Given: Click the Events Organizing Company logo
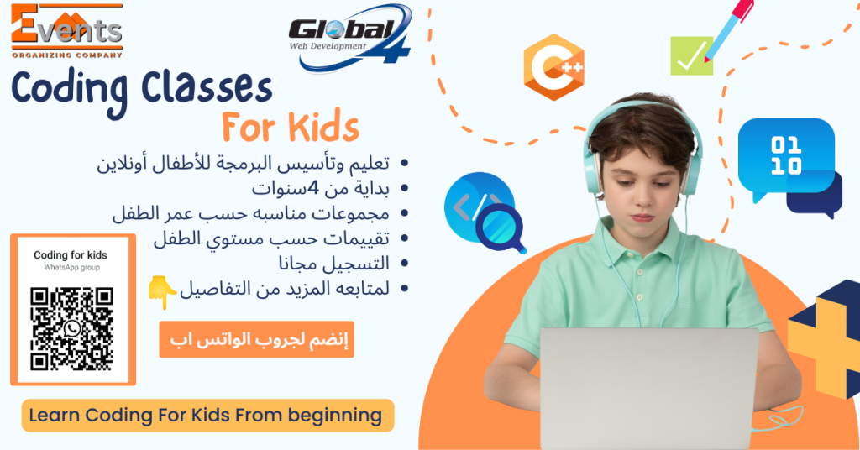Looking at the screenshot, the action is point(67,31).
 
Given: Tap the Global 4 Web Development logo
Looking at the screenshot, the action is point(350,38).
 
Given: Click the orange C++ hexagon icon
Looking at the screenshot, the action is point(554,67).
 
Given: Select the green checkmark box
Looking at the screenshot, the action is point(692,55).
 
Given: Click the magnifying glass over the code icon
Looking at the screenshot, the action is point(501,229).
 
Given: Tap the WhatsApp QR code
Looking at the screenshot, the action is point(72,329).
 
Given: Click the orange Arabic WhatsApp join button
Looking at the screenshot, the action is point(257,339).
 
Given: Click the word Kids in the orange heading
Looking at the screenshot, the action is point(323,127).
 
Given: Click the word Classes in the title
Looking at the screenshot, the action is point(207,87).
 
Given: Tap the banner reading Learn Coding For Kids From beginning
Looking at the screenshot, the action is point(208,416).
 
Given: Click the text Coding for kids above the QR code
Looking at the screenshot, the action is point(71,255).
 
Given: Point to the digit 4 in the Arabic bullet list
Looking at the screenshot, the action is point(312,188).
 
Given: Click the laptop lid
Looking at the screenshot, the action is point(649,389).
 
